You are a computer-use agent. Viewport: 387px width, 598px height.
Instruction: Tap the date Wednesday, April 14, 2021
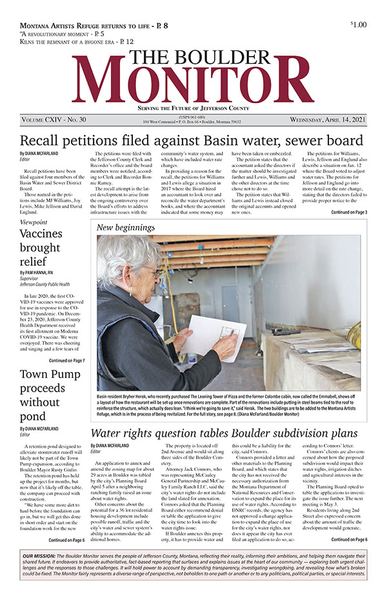[326, 120]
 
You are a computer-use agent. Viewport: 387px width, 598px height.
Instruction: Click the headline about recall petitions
[192, 141]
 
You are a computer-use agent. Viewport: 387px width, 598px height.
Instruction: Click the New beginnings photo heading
[126, 228]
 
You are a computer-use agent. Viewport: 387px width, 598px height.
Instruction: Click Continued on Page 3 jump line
[349, 212]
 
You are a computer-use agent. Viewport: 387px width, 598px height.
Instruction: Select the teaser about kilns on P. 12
[77, 40]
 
